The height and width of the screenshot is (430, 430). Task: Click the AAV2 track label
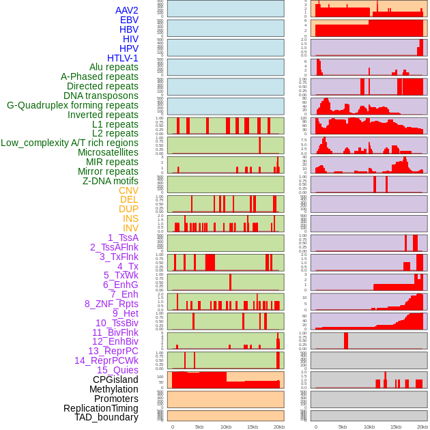click(126, 10)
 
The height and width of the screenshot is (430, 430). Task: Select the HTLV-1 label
click(122, 58)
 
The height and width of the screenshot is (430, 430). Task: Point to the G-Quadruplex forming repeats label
click(72, 105)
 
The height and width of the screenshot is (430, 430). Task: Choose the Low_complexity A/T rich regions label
click(69, 143)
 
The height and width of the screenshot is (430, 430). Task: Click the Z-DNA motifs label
click(110, 181)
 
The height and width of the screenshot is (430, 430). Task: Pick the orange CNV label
click(128, 190)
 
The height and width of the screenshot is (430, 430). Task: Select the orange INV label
click(130, 228)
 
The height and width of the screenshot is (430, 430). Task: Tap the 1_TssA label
click(123, 238)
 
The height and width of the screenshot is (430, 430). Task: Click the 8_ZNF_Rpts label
click(111, 304)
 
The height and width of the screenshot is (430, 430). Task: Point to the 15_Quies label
click(117, 370)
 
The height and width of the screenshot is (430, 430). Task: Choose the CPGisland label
click(115, 379)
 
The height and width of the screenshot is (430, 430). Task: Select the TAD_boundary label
click(106, 417)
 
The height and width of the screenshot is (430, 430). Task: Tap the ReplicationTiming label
click(100, 408)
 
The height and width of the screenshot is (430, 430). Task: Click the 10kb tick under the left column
click(226, 427)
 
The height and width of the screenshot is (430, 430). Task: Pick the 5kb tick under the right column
click(343, 427)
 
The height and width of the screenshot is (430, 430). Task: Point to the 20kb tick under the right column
click(423, 427)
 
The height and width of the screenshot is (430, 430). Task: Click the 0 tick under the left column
click(172, 427)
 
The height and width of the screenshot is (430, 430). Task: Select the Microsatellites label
click(108, 152)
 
